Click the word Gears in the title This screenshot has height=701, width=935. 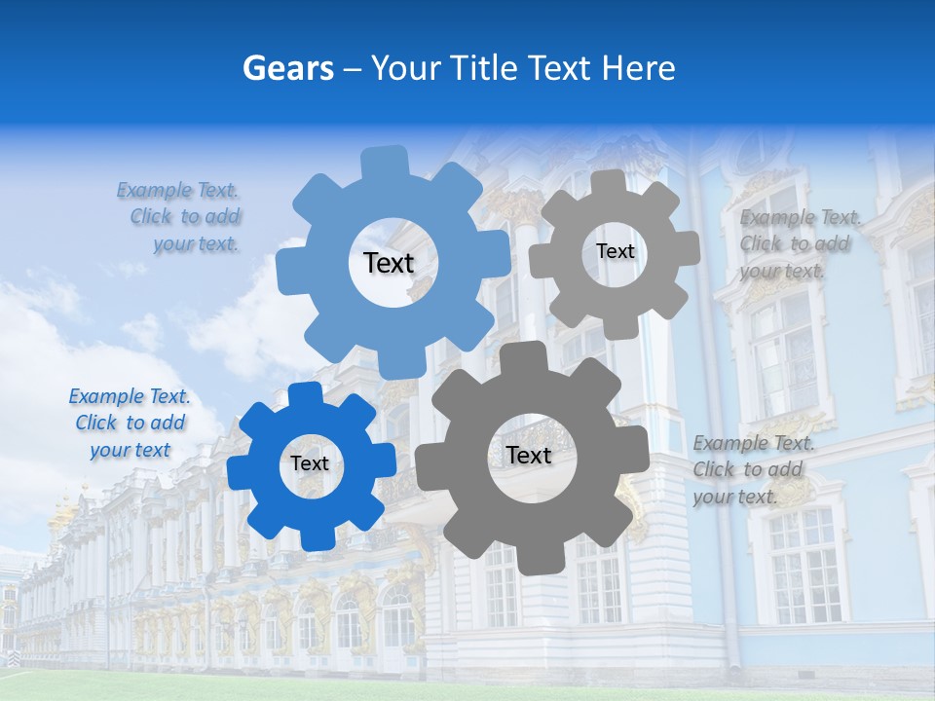tap(287, 68)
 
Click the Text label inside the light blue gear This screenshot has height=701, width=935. tap(389, 263)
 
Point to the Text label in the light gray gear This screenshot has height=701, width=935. tap(615, 251)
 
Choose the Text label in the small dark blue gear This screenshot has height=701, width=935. tap(310, 464)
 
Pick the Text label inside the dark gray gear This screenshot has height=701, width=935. tap(529, 455)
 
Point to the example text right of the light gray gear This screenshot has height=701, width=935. tap(799, 244)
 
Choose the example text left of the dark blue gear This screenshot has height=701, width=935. tap(131, 424)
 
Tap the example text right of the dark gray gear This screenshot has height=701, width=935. tap(753, 469)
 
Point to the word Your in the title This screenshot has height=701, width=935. tap(410, 68)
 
